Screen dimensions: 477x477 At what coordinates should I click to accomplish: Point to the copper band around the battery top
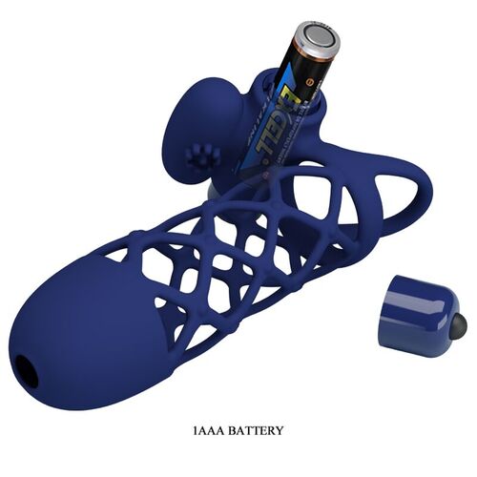(307, 52)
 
